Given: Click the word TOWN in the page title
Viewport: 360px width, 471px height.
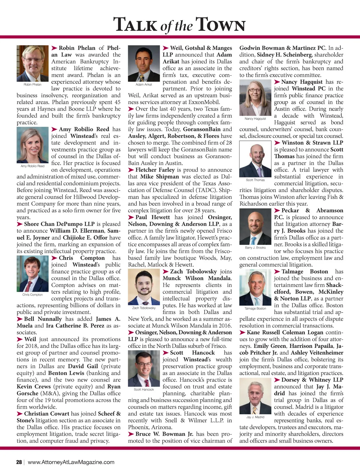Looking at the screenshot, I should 220,25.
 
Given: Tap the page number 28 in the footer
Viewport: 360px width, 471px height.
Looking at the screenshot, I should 19,462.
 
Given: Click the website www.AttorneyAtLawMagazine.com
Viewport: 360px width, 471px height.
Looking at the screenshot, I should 71,462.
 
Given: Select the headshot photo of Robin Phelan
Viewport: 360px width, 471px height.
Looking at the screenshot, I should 32,63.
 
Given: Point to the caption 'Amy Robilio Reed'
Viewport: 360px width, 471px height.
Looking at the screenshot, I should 32,166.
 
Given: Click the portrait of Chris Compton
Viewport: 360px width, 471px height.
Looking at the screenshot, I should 32,274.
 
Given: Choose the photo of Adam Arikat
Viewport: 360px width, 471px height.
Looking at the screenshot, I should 144,63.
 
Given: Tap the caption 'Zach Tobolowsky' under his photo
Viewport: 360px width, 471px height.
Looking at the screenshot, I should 144,308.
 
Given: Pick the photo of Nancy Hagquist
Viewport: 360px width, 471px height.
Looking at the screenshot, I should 255,97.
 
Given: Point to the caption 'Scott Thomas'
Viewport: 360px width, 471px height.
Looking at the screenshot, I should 255,180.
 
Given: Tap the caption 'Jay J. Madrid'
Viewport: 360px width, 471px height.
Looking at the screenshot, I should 255,417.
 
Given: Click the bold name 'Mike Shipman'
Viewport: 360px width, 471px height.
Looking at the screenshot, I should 159,177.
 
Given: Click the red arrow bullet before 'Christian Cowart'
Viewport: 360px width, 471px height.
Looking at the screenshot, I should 20,414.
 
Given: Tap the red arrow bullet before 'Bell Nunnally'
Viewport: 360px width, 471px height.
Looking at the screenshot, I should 20,319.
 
